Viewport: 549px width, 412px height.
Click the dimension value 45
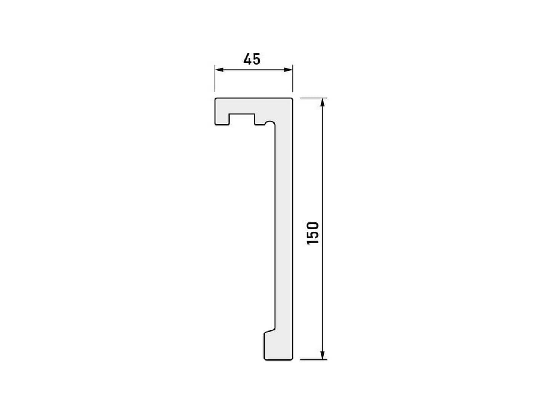[252, 59]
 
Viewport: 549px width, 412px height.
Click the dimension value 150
[313, 233]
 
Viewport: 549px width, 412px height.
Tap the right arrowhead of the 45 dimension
[289, 69]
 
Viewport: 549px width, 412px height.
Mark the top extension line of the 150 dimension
[313, 98]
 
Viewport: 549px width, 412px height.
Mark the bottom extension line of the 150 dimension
[313, 359]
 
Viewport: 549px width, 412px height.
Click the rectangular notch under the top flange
[241, 119]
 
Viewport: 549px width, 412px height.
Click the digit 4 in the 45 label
[247, 59]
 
